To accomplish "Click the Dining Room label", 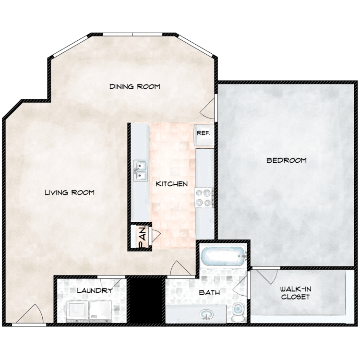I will (134, 87).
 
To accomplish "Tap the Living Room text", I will (70, 192).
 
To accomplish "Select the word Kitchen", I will (171, 184).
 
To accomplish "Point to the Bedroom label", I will (286, 160).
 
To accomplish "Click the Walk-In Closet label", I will (295, 293).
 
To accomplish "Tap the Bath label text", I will (209, 292).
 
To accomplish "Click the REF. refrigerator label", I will (204, 133).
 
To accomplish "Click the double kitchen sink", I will (141, 171).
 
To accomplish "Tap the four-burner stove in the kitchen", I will (204, 197).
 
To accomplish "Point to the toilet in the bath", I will (238, 313).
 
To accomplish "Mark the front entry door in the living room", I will (29, 314).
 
